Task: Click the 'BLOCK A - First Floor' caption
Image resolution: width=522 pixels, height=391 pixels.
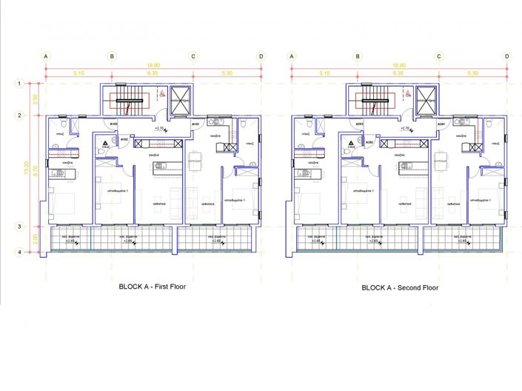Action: point(154,286)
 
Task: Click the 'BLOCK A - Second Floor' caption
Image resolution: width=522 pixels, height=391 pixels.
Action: point(400,287)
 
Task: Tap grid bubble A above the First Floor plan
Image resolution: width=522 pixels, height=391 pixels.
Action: point(46,56)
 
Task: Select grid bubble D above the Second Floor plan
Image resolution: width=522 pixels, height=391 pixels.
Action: point(506,56)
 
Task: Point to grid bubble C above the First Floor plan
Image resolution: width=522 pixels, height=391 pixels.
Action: point(193,56)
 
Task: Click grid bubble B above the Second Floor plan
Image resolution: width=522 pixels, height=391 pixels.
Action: point(358,56)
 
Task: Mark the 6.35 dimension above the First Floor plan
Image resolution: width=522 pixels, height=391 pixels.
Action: point(153,73)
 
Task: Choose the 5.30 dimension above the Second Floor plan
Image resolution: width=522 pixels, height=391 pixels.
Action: point(472,73)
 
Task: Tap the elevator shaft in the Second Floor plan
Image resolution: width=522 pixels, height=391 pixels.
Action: point(426,99)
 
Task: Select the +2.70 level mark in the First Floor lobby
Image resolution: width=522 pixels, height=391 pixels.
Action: point(159,128)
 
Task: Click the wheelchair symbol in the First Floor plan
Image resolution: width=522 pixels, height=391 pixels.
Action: point(161,94)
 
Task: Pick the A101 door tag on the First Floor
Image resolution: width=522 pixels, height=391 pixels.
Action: point(195,124)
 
